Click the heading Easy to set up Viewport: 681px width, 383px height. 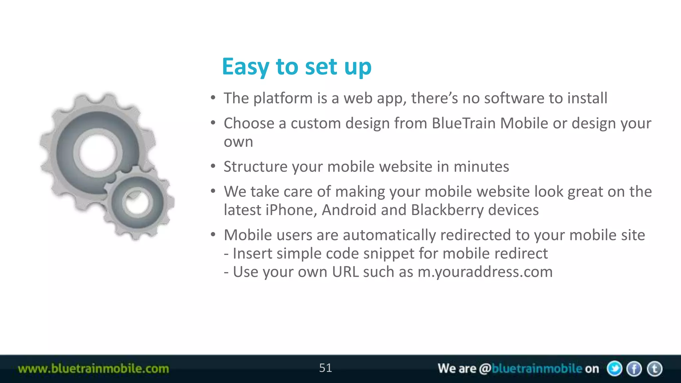296,67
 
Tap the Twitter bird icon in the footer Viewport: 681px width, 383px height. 614,369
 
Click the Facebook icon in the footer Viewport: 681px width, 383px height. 634,369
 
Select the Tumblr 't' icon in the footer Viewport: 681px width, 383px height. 655,369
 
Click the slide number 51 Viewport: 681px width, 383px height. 325,368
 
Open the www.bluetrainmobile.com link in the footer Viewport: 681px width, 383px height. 93,369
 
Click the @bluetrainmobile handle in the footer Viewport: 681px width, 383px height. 531,369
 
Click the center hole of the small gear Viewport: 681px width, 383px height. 137,203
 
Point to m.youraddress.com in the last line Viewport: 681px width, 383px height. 485,272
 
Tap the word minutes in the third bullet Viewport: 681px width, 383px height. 481,167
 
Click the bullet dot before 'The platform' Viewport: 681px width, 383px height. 213,98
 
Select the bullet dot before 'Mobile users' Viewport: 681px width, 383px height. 213,235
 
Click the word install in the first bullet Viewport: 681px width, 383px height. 587,98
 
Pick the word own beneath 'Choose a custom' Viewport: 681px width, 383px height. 238,142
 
